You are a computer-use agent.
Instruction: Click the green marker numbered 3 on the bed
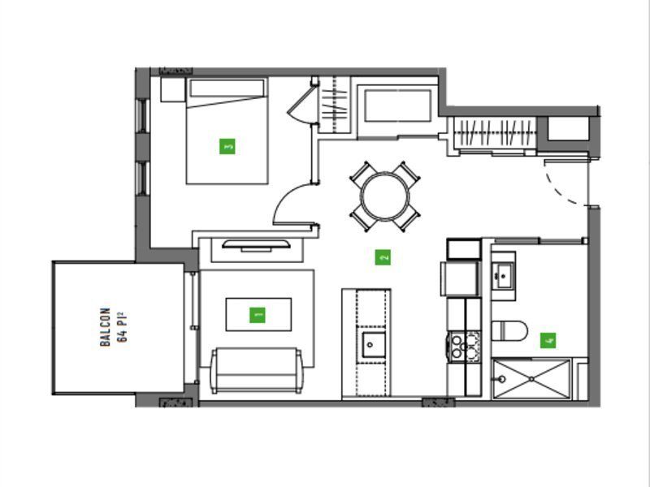(x=227, y=146)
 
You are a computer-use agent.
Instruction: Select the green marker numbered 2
(x=383, y=257)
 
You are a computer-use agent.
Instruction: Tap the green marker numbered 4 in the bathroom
(x=548, y=340)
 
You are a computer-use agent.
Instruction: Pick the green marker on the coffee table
(x=258, y=315)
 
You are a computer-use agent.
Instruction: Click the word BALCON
(x=106, y=327)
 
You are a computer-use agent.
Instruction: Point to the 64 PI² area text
(x=122, y=327)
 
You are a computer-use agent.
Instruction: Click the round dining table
(x=385, y=196)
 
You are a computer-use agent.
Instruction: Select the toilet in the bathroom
(x=509, y=330)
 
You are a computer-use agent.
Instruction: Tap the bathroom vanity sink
(x=504, y=275)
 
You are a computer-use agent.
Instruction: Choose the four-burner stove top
(x=464, y=347)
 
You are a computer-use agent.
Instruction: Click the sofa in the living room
(x=257, y=371)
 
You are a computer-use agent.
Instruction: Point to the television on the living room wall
(x=256, y=245)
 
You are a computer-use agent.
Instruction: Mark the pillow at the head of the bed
(x=227, y=88)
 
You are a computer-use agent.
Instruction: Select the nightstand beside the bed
(x=172, y=89)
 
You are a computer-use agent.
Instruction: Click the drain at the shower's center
(x=531, y=379)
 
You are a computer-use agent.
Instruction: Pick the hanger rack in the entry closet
(x=495, y=133)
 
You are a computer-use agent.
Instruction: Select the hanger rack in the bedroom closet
(x=335, y=106)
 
